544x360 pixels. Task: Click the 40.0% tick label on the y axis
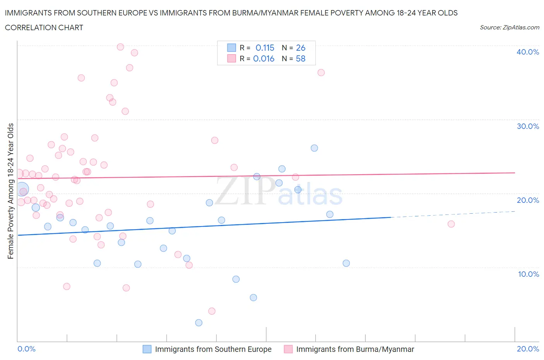527,52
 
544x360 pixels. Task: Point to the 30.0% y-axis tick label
527,126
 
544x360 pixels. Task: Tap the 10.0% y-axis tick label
528,274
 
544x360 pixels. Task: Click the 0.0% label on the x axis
26,349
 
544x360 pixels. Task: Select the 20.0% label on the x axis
528,349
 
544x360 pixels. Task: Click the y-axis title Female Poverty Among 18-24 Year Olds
10,191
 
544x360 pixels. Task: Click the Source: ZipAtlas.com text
509,27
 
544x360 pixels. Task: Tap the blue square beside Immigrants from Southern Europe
147,349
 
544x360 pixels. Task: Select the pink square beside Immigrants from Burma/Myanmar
288,349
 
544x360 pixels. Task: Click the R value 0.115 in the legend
265,48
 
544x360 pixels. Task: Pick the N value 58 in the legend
301,58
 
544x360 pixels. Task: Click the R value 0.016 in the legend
263,58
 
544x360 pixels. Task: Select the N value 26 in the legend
301,48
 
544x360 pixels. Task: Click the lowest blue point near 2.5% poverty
199,323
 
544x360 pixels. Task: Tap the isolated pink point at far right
451,224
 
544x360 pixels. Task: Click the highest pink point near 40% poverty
120,47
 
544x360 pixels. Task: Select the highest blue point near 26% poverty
314,148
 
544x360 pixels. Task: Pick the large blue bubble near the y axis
22,189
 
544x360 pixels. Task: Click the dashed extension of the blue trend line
453,214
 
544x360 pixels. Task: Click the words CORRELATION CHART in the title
44,27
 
